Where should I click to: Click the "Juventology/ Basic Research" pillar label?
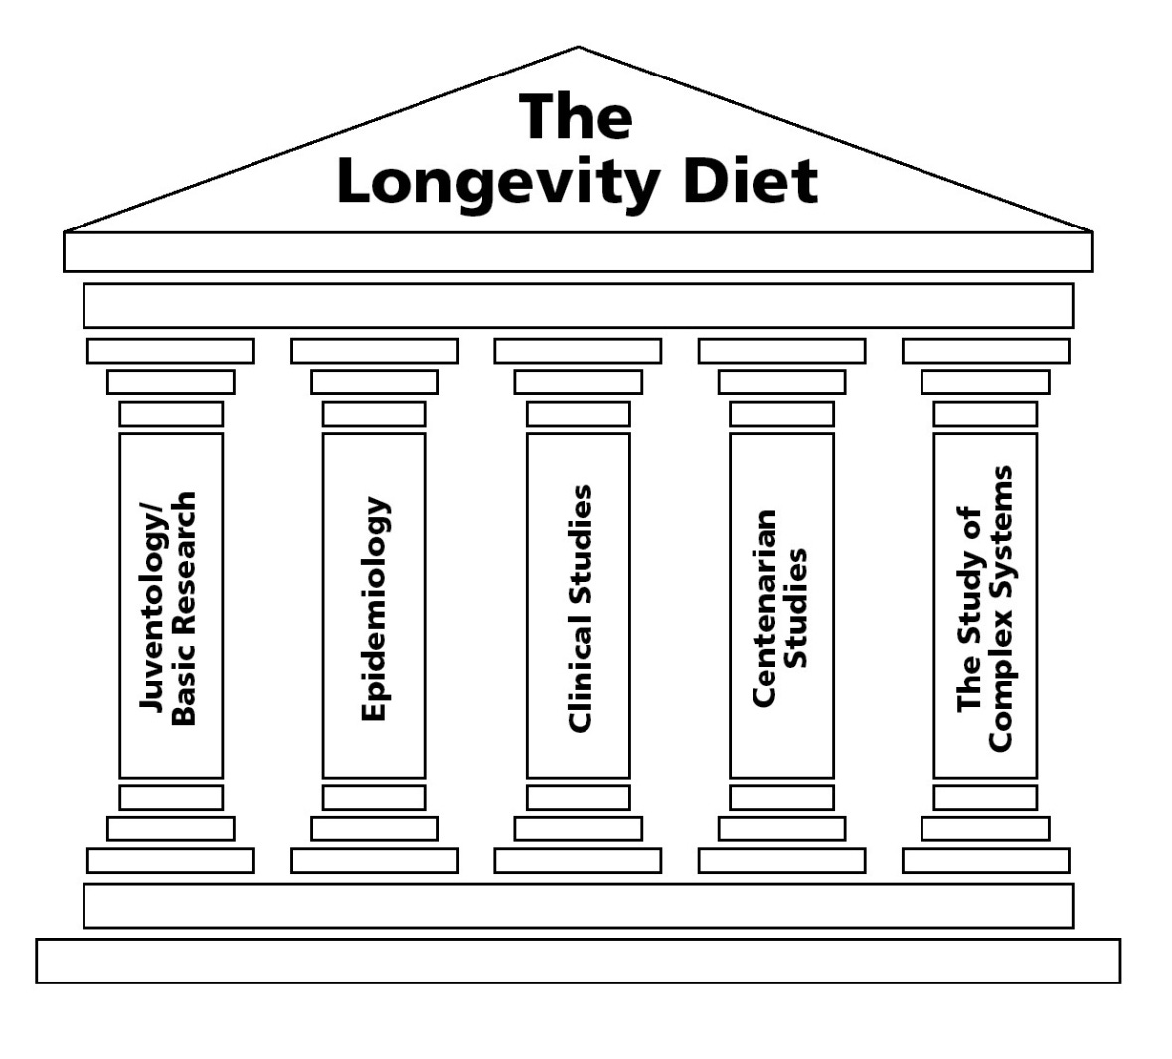click(x=169, y=608)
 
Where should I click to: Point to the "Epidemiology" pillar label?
click(x=374, y=609)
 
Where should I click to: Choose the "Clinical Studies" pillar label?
click(x=579, y=609)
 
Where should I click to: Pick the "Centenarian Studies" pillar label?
click(x=780, y=608)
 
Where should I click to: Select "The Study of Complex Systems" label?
click(x=985, y=608)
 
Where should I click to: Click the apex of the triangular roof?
click(x=578, y=50)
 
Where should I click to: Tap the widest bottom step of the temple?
click(x=578, y=961)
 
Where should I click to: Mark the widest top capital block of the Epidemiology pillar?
click(x=374, y=351)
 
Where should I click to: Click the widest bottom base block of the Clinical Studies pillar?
click(x=578, y=860)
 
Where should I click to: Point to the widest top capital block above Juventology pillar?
click(x=170, y=351)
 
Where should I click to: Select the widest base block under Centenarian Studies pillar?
click(x=781, y=860)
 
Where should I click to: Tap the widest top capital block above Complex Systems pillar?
click(x=985, y=351)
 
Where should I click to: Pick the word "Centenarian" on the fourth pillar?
click(x=764, y=608)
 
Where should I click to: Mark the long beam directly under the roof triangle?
click(x=578, y=252)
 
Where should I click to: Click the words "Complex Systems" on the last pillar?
click(x=1001, y=608)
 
